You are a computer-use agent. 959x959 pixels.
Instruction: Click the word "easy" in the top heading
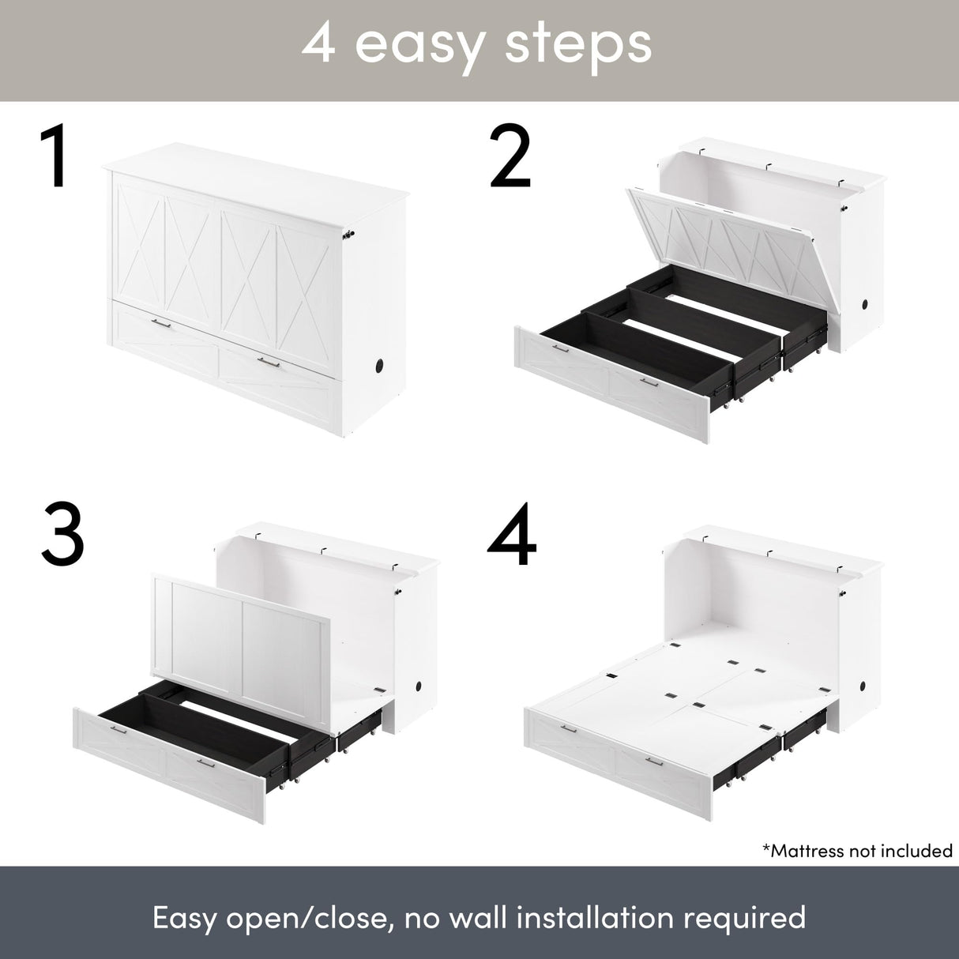click(418, 45)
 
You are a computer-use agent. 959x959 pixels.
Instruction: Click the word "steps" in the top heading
click(577, 45)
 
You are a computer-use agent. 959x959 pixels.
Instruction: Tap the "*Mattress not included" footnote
click(857, 850)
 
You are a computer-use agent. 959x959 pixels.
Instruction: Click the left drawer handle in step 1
click(161, 323)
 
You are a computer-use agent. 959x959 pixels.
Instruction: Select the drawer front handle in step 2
click(649, 382)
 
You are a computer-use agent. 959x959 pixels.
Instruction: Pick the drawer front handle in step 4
click(654, 761)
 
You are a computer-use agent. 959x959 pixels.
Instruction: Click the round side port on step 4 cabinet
click(867, 663)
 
